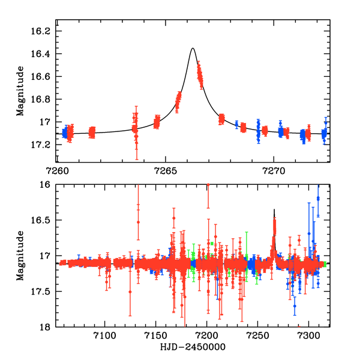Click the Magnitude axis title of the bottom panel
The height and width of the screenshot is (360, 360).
click(20, 256)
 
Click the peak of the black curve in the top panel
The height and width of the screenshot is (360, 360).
click(193, 48)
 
